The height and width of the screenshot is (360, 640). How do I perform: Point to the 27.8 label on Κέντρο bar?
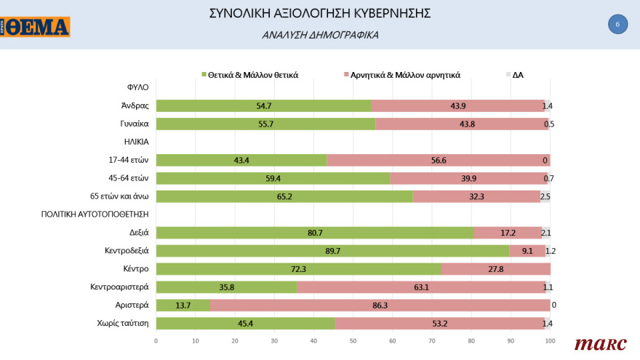[497, 269]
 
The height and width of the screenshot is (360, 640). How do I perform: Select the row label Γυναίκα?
[135, 124]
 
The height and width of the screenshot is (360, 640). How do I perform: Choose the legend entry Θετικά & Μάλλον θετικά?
[252, 73]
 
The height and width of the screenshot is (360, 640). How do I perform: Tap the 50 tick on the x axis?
[353, 340]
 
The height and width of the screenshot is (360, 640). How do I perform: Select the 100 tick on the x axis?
[550, 340]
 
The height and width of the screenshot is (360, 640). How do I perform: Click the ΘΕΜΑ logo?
[36, 27]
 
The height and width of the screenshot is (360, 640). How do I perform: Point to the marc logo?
[600, 344]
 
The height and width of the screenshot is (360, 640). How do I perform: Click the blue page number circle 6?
[617, 24]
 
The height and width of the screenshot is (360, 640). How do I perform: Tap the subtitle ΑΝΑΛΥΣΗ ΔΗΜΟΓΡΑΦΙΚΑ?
[320, 34]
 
